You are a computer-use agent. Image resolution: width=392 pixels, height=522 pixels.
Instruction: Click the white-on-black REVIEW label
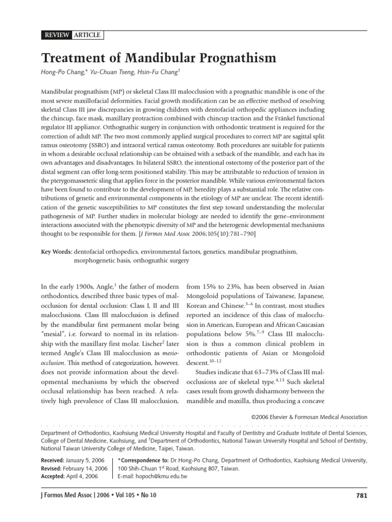(x=56, y=35)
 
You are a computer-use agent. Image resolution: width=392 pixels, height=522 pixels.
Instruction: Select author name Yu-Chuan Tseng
(x=113, y=74)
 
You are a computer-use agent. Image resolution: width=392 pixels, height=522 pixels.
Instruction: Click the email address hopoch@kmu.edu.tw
(x=160, y=477)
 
